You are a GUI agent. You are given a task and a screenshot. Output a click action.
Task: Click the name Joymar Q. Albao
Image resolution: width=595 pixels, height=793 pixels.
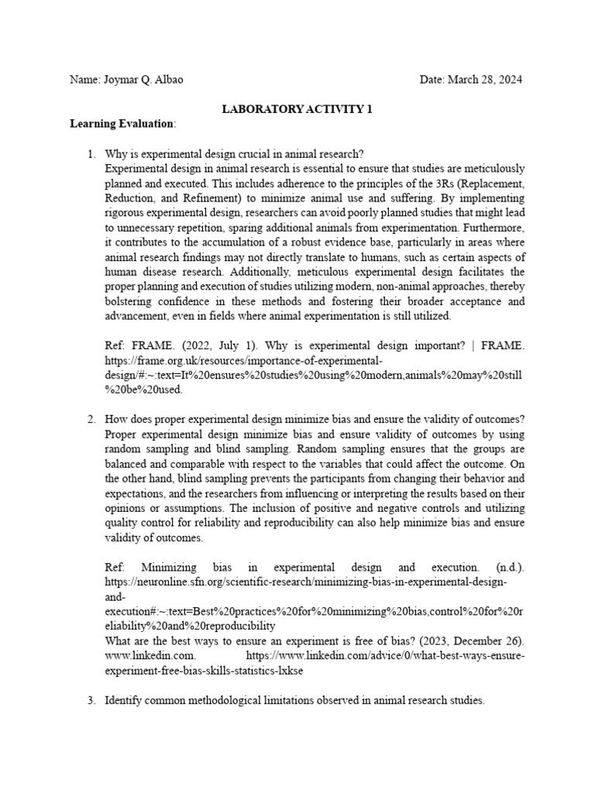[143, 81]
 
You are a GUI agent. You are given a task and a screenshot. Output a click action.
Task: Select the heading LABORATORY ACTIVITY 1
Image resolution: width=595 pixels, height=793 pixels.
[297, 109]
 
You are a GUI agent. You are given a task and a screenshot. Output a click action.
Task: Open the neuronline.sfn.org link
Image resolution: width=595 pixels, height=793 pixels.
[306, 582]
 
